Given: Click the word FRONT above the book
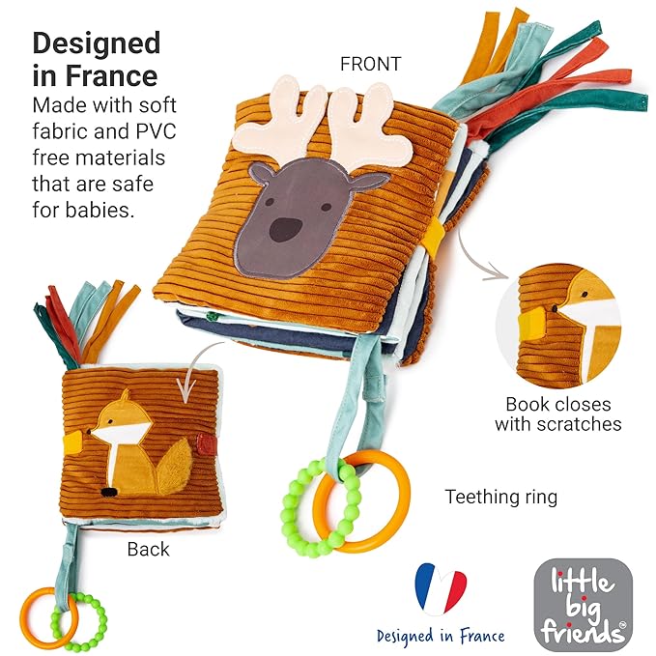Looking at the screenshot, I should [370, 64].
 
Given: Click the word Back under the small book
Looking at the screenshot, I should [148, 550].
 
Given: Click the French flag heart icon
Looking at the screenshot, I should [440, 590].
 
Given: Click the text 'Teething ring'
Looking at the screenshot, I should [500, 498].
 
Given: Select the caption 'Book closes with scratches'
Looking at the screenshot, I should [557, 414].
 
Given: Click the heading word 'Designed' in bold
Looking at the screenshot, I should [97, 43].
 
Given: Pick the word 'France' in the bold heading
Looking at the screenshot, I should [112, 76].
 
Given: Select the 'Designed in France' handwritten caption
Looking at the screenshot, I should [441, 636].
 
